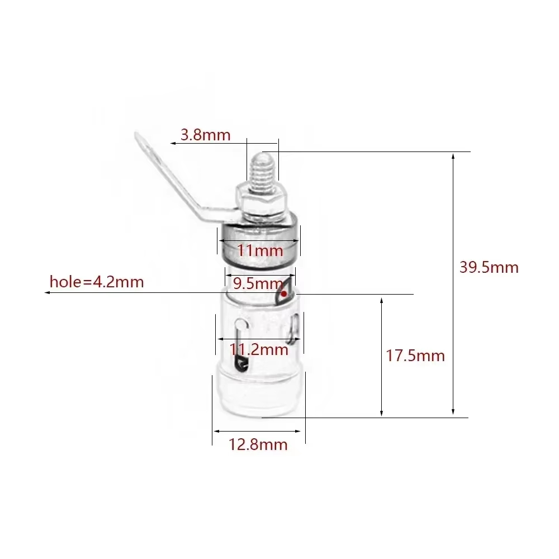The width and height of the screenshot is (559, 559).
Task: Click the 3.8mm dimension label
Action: click(x=205, y=135)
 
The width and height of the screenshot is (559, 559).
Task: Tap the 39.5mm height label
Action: click(x=489, y=267)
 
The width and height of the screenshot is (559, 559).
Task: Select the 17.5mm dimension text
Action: click(x=415, y=356)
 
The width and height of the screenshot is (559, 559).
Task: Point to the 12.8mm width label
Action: click(x=258, y=444)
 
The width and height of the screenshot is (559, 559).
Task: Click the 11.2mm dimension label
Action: click(x=259, y=349)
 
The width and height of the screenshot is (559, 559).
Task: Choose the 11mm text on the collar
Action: click(x=260, y=250)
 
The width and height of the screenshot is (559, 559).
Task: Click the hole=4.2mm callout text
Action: click(x=97, y=282)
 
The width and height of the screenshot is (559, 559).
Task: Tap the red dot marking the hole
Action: click(x=284, y=294)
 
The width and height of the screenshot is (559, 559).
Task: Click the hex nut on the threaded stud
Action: click(x=261, y=200)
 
